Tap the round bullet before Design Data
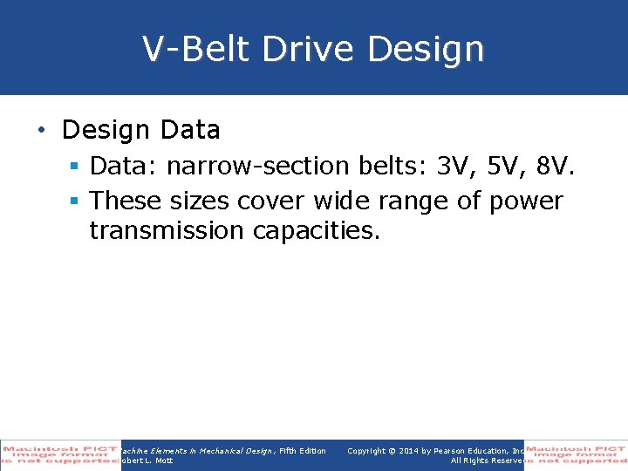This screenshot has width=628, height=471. coord(42,130)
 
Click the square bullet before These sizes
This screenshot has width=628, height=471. coord(75,201)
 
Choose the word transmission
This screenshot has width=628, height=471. coord(167,231)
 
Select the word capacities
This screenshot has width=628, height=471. coord(317,232)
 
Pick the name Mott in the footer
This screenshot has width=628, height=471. coord(164,461)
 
